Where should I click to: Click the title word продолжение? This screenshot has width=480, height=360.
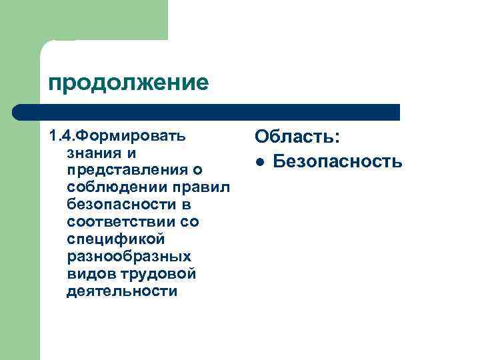click(x=128, y=83)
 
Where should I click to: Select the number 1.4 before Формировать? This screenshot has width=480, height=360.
click(x=59, y=136)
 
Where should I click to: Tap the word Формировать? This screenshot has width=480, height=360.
click(x=129, y=136)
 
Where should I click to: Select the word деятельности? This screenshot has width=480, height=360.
click(x=122, y=291)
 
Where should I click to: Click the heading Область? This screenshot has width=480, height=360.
click(x=297, y=137)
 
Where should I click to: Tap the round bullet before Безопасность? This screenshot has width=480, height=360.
click(x=261, y=161)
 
